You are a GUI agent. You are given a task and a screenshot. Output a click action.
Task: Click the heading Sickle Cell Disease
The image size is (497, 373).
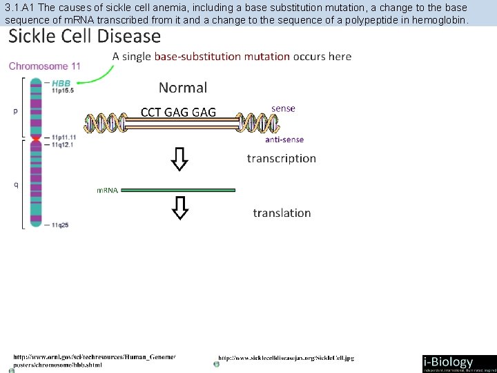pyautogui.click(x=84, y=36)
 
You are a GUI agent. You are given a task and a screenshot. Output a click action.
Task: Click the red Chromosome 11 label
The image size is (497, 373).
pyautogui.click(x=44, y=66)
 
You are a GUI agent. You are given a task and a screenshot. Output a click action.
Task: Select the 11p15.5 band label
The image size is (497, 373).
pyautogui.click(x=61, y=90)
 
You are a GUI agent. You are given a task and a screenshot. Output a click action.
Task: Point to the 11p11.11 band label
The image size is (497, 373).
pyautogui.click(x=64, y=137)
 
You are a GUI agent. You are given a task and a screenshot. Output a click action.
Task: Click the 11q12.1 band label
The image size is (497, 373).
pyautogui.click(x=62, y=145)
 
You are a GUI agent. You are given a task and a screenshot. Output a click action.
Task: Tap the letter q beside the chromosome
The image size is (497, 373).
pyautogui.click(x=15, y=184)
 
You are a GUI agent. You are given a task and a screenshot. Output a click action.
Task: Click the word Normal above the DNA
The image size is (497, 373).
pyautogui.click(x=183, y=87)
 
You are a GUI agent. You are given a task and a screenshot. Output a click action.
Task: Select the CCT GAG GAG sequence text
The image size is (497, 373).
pyautogui.click(x=178, y=112)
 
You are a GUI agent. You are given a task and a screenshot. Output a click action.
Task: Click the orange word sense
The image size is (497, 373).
pyautogui.click(x=283, y=108)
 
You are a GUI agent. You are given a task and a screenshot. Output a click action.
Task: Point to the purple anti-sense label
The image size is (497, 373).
pyautogui.click(x=284, y=140)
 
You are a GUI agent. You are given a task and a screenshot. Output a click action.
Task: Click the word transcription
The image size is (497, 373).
pyautogui.click(x=282, y=158)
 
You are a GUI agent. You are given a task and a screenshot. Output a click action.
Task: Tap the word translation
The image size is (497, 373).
pyautogui.click(x=282, y=213)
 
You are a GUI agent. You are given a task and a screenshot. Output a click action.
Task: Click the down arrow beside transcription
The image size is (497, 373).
pyautogui.click(x=179, y=160)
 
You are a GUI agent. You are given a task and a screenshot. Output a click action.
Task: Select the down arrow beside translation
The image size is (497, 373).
pyautogui.click(x=179, y=207)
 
